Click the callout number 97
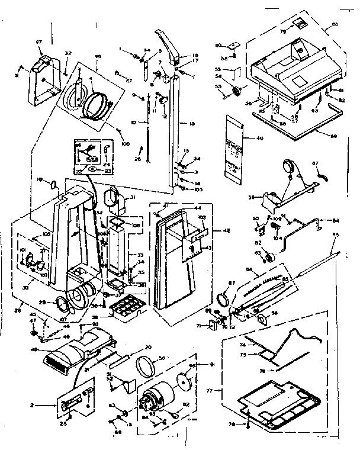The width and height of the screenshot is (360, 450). click(40, 42)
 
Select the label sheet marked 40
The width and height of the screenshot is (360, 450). click(236, 144)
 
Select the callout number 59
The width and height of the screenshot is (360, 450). click(252, 197)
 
